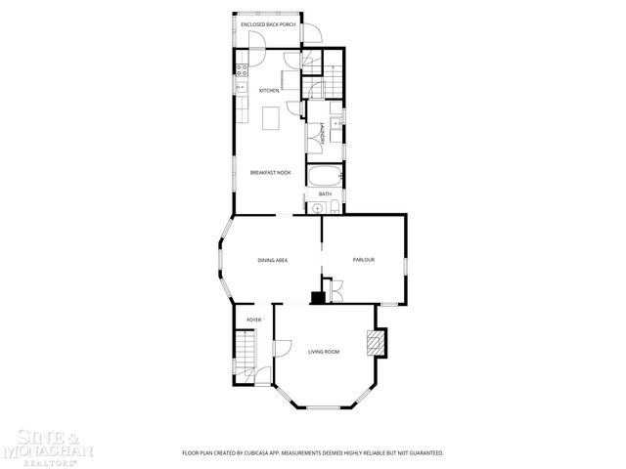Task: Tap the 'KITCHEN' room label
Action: (268, 91)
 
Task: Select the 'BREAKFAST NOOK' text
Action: (270, 173)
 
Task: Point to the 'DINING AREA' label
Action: (272, 260)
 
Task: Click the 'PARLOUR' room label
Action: (364, 259)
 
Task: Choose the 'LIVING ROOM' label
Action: (324, 352)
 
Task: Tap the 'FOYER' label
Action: (253, 320)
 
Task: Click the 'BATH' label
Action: (325, 194)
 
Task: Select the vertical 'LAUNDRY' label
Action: (322, 133)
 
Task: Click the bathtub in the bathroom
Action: (324, 177)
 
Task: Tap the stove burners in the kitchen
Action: (241, 69)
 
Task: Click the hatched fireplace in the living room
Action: (374, 342)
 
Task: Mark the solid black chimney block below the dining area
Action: (317, 298)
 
